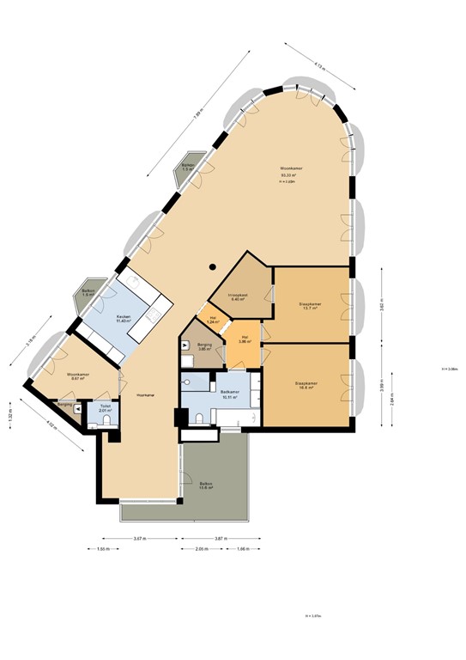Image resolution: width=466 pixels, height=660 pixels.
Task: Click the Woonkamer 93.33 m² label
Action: (292, 171)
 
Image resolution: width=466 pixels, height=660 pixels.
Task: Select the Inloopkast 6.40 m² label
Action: (238, 297)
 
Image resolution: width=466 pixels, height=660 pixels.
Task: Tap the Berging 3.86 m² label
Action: (205, 347)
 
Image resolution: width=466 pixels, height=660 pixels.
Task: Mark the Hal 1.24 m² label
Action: (212, 320)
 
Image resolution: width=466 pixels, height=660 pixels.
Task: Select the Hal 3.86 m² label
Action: (245, 339)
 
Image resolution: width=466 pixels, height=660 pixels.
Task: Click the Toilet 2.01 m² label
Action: (106, 408)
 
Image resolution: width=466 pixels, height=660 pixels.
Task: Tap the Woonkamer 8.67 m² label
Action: (79, 376)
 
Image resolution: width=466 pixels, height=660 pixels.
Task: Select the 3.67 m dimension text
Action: (137, 538)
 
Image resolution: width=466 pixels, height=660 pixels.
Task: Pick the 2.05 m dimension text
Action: (200, 549)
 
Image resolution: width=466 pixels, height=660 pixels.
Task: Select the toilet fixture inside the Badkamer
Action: (198, 419)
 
